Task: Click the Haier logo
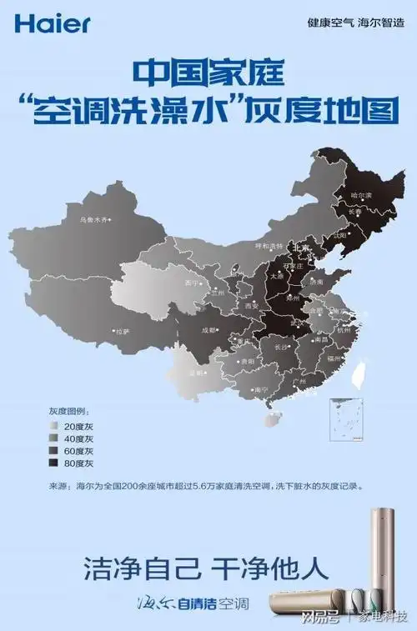(x=53, y=23)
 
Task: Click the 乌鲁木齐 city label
(x=93, y=221)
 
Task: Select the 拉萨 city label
(x=122, y=331)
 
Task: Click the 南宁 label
(x=260, y=389)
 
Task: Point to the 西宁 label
(x=193, y=283)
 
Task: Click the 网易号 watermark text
(x=318, y=617)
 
